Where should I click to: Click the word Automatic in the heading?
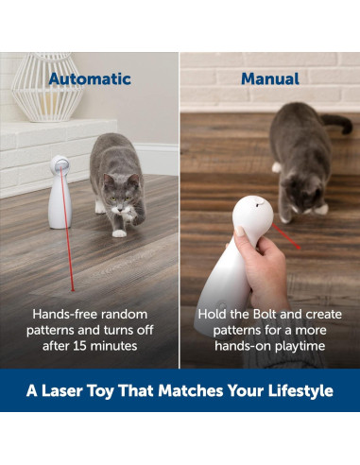pos(90,79)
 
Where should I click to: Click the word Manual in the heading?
pos(269,79)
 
